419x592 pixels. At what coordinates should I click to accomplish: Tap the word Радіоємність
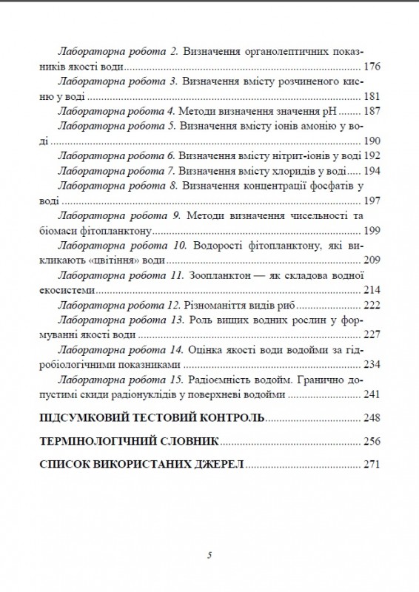click(225, 380)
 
